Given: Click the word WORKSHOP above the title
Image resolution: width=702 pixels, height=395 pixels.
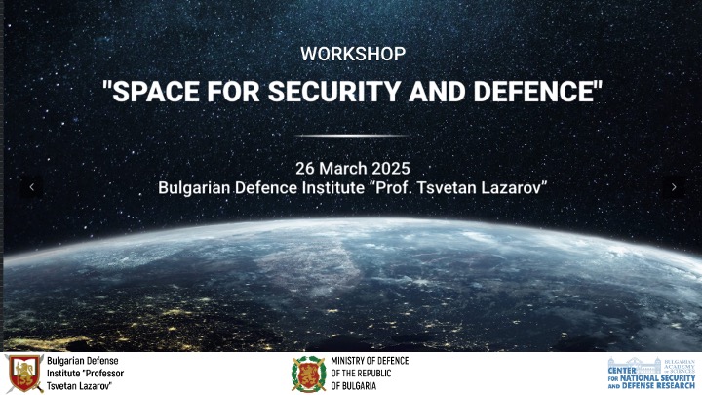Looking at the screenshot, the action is (353, 54).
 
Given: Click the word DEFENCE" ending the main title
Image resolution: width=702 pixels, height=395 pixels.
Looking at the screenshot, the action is (538, 91).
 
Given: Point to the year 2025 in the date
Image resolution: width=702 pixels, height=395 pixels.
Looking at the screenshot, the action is (391, 169).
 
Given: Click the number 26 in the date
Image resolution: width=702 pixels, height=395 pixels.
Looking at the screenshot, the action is (305, 169).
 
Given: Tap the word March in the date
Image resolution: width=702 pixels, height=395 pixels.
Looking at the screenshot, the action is (343, 169).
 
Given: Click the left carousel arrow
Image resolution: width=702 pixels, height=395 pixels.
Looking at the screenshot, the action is (32, 187).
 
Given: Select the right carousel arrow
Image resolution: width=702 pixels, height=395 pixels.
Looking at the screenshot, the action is (674, 187).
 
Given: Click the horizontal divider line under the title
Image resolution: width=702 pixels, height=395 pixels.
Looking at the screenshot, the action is (353, 136).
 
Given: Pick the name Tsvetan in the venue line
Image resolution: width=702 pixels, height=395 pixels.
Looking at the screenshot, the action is (447, 187).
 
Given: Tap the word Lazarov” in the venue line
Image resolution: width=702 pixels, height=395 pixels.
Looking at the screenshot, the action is (514, 187).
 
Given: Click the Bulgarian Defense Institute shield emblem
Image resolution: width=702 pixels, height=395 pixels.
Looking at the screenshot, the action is (24, 373).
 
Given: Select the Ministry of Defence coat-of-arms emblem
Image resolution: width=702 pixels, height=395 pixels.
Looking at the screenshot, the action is (309, 374).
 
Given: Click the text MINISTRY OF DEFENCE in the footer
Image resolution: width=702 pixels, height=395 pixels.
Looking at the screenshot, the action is (370, 361).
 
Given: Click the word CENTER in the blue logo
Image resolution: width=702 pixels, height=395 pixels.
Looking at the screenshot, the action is (622, 371).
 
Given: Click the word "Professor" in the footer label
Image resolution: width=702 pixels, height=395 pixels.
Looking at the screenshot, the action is (104, 373).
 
